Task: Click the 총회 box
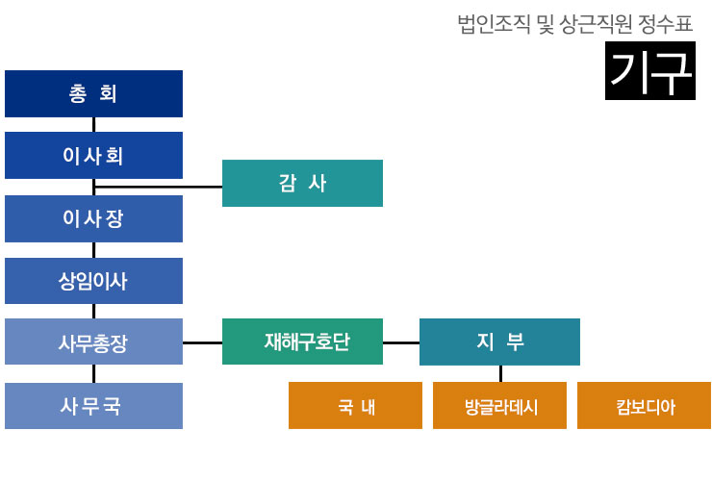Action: point(93,93)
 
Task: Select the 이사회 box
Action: point(93,155)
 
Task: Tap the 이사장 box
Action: point(93,218)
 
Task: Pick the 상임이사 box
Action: point(93,281)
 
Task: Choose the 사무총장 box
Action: point(93,342)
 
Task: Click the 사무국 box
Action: point(93,405)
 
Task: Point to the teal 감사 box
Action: point(302,183)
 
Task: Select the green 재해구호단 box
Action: point(302,342)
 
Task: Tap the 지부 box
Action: point(499,342)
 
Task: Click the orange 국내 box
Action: point(355,405)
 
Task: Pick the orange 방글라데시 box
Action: point(499,405)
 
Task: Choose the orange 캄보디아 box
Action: point(644,405)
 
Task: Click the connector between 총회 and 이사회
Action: point(93,124)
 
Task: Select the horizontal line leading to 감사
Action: point(159,186)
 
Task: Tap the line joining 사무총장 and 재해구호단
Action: point(202,342)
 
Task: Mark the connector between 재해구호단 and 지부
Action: point(400,342)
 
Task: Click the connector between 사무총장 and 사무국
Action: point(93,373)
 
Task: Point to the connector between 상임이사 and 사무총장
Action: point(93,311)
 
